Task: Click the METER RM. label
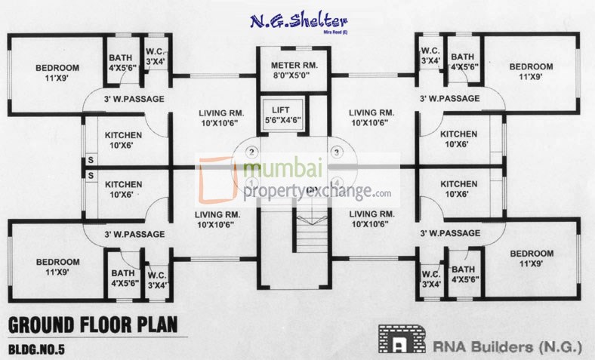(295, 66)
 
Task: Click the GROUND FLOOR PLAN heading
(93, 325)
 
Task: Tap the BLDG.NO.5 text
(46, 349)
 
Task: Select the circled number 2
(252, 151)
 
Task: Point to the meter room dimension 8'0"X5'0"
(295, 75)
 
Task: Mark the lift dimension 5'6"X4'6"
(280, 120)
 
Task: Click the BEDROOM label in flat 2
(57, 68)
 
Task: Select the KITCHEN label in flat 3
(459, 134)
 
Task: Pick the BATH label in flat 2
(121, 57)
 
